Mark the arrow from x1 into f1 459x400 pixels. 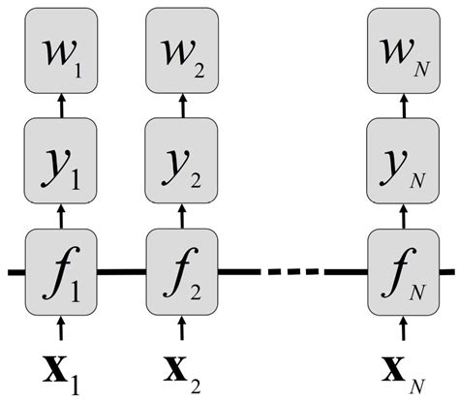[x=63, y=327]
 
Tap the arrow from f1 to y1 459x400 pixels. [x=63, y=214]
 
